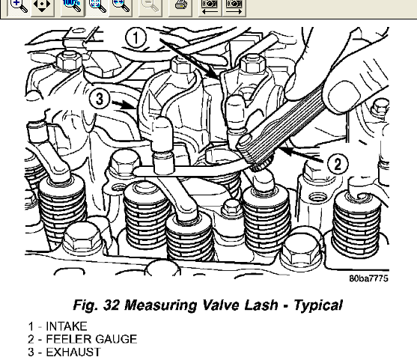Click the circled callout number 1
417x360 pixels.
[136, 38]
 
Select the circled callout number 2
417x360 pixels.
[338, 164]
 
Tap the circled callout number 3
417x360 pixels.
[100, 98]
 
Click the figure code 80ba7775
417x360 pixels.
[368, 278]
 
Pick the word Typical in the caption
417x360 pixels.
[318, 305]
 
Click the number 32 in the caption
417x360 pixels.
[112, 305]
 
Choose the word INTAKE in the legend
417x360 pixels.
[67, 326]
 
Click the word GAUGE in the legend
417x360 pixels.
[116, 339]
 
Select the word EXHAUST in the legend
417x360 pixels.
[73, 352]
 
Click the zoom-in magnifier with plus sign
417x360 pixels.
[19, 6]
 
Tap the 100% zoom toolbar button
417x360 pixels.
[73, 6]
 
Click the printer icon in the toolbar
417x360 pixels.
[180, 6]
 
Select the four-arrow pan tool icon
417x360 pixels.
[43, 6]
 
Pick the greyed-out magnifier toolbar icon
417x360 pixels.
[150, 6]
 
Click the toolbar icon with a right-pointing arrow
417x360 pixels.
[234, 6]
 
